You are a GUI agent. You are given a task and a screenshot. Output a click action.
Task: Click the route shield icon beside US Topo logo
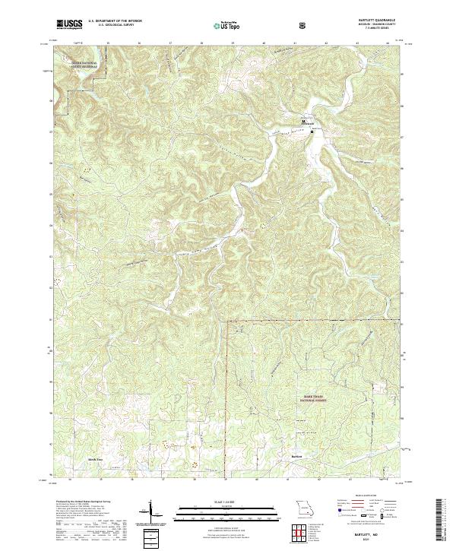click(x=261, y=25)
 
